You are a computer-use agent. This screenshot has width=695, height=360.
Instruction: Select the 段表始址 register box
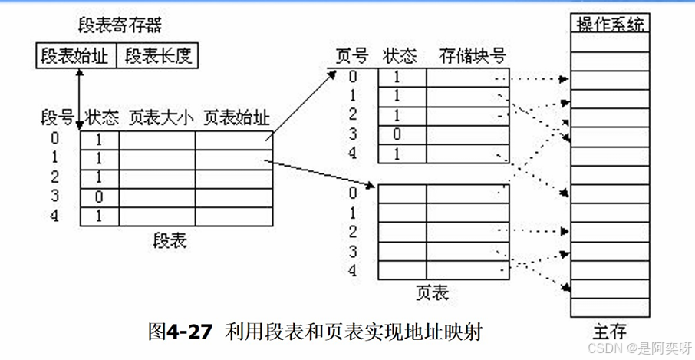click(75, 56)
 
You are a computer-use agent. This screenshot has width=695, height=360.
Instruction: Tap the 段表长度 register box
click(159, 56)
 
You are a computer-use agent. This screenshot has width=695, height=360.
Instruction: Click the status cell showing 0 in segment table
click(99, 197)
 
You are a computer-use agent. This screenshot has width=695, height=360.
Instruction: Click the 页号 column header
click(352, 56)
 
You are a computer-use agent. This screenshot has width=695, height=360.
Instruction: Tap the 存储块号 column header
click(473, 56)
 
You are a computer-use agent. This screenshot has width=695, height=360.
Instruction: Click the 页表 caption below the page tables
click(431, 292)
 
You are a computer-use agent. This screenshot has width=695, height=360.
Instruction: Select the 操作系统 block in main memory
click(610, 24)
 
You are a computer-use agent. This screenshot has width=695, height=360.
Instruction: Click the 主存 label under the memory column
click(609, 332)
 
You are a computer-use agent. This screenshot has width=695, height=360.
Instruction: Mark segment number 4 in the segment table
click(54, 216)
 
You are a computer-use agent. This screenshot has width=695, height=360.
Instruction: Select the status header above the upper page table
click(399, 56)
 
